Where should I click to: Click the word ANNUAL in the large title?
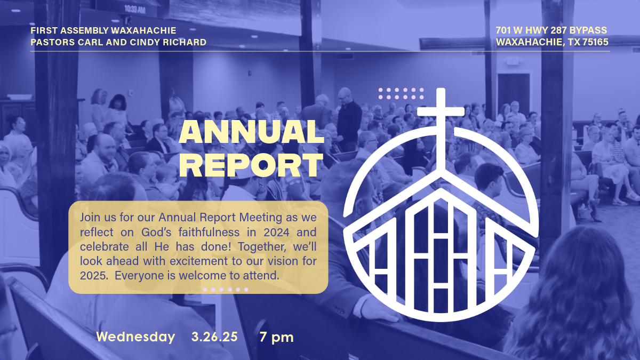pyautogui.click(x=251, y=132)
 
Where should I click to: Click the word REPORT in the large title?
pyautogui.click(x=251, y=165)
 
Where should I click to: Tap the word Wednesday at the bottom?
pyautogui.click(x=135, y=337)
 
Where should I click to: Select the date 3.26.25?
pyautogui.click(x=214, y=337)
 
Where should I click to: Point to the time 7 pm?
pyautogui.click(x=276, y=338)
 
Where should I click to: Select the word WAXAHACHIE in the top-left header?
pyautogui.click(x=143, y=30)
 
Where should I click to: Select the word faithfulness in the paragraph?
pyautogui.click(x=209, y=233)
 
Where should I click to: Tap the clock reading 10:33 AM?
pyautogui.click(x=135, y=10)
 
